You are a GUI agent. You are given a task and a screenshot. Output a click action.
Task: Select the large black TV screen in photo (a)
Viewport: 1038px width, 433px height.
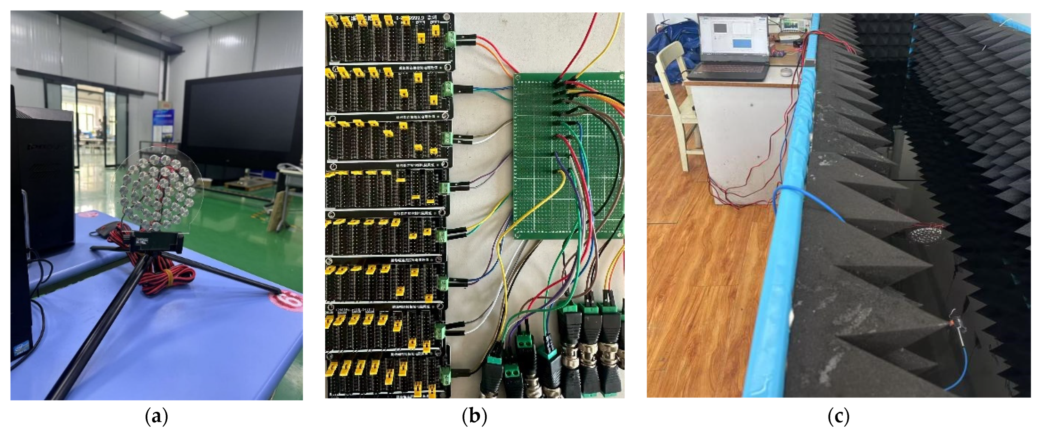pyautogui.click(x=242, y=121)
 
